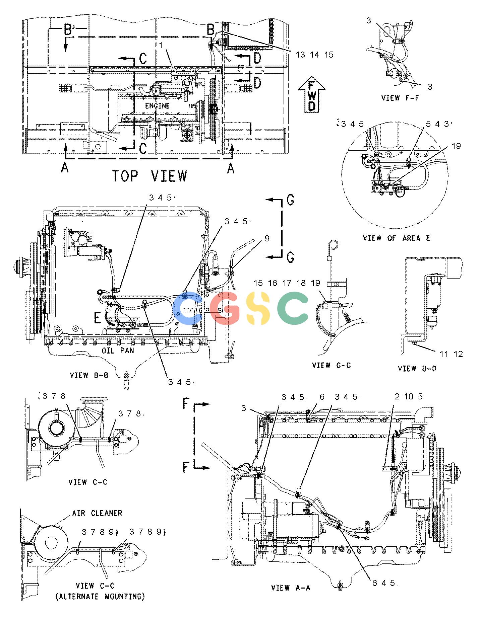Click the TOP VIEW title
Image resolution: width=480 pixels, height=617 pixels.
[149, 176]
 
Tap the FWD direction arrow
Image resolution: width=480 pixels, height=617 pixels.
[312, 95]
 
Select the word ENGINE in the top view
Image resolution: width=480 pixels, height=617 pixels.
[158, 106]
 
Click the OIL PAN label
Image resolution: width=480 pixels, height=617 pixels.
[118, 351]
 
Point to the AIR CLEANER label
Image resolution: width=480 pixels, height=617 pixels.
[97, 513]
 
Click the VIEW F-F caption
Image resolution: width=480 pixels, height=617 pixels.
[400, 98]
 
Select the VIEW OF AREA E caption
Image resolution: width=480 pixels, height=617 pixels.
[396, 238]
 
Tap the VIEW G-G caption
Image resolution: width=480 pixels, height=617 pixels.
[332, 365]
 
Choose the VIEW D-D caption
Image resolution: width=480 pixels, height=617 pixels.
[417, 369]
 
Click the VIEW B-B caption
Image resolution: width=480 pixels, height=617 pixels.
[89, 375]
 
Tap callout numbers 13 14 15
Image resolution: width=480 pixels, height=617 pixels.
[314, 55]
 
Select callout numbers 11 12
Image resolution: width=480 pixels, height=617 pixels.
[451, 354]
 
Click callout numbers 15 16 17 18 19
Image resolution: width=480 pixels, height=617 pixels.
[287, 283]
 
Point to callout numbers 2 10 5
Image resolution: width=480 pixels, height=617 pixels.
[409, 397]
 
